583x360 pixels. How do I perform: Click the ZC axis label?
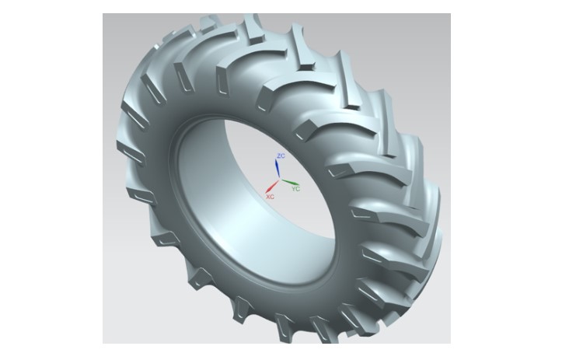(281, 156)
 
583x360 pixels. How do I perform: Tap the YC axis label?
(295, 188)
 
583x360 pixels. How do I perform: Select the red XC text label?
(270, 197)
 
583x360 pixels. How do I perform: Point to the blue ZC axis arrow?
(278, 167)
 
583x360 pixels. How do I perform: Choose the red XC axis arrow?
(273, 187)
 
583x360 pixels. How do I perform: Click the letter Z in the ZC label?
(279, 156)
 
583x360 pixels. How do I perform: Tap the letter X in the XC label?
(268, 197)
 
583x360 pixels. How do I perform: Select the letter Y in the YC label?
(293, 188)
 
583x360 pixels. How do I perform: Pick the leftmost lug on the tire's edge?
(124, 147)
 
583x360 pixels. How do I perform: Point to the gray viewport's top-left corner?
(103, 14)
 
